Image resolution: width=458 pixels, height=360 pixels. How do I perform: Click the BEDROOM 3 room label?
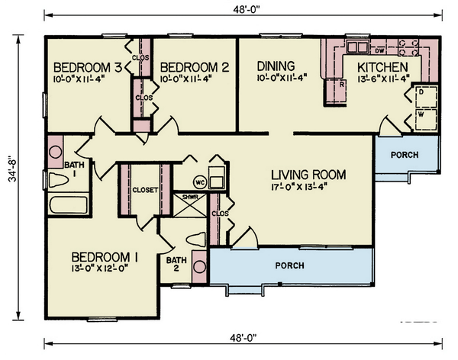pos(85,67)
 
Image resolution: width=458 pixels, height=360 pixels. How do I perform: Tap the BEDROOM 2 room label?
pos(195,67)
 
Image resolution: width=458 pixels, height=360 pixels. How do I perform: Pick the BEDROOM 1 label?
pos(104,257)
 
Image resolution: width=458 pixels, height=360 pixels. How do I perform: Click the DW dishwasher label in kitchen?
pos(379,51)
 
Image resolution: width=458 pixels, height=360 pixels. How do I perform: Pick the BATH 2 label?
pos(176,264)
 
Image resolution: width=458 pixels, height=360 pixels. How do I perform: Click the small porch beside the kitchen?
pos(405,155)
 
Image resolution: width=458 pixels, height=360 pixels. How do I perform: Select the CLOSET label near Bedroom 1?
pos(144,190)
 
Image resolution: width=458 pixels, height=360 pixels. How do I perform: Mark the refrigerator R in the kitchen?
pos(323,85)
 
